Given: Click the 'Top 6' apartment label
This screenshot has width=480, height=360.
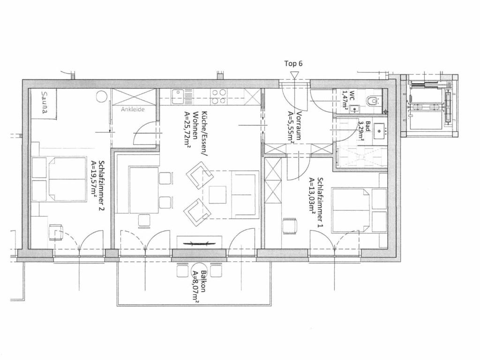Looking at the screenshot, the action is [293, 64].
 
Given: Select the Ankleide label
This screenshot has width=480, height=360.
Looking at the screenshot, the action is [133, 109].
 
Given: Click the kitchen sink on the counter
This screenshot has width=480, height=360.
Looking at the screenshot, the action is [178, 97].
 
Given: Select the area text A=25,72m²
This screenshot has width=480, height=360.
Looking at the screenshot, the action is [187, 130].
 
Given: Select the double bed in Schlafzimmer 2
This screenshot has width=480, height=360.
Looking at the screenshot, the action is [67, 179].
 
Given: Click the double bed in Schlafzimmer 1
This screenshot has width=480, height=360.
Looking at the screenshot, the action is [351, 210].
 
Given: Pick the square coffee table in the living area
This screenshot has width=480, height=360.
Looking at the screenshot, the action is [217, 195].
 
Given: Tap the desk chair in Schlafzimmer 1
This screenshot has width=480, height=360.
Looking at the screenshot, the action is [290, 226].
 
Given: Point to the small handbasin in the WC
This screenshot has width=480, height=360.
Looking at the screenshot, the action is [355, 108].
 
